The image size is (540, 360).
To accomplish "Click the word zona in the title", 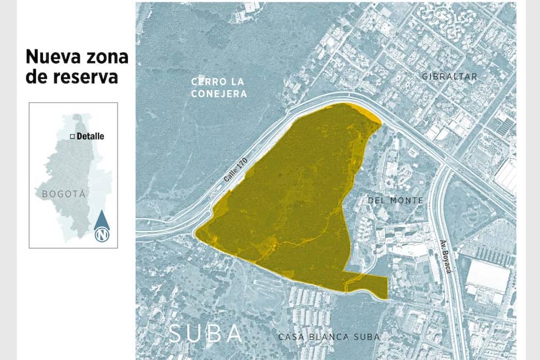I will tap(107, 57).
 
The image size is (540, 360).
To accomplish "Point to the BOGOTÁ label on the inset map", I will tap(64, 193).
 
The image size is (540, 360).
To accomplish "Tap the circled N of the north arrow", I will tap(102, 235).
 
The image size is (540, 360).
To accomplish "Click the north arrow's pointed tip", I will tap(102, 212).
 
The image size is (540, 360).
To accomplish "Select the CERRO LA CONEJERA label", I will tap(219, 87).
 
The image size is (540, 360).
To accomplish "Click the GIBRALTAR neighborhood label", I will tap(450, 76).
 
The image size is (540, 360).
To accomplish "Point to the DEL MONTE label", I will tap(395, 200).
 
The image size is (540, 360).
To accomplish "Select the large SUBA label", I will tap(205, 334).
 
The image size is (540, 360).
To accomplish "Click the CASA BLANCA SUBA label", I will tap(329, 337).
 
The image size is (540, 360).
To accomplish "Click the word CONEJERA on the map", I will tap(219, 93).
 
